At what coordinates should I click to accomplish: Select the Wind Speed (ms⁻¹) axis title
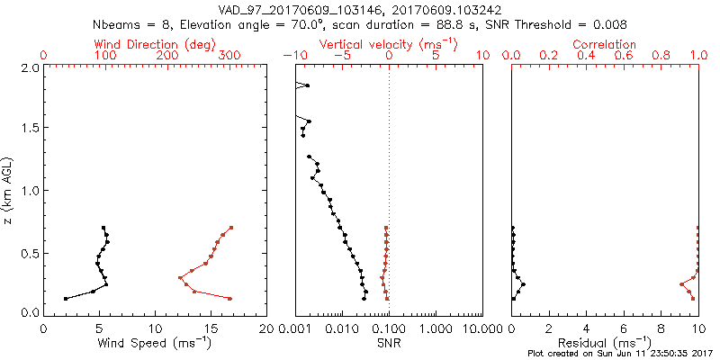point(156,343)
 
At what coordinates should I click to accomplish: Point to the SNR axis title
point(389,343)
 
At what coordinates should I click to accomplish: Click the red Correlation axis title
point(605,44)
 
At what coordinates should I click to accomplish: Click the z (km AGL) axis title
point(8,190)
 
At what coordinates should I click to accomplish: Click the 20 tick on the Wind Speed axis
point(266,329)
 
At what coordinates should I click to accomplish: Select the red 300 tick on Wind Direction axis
point(230,56)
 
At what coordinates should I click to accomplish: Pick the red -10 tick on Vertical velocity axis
point(291,56)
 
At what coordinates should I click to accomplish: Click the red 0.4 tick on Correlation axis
point(586,56)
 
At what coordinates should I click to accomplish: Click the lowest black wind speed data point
point(66,299)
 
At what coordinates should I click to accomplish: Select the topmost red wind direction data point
point(231,228)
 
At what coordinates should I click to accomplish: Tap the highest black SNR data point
point(308,85)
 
